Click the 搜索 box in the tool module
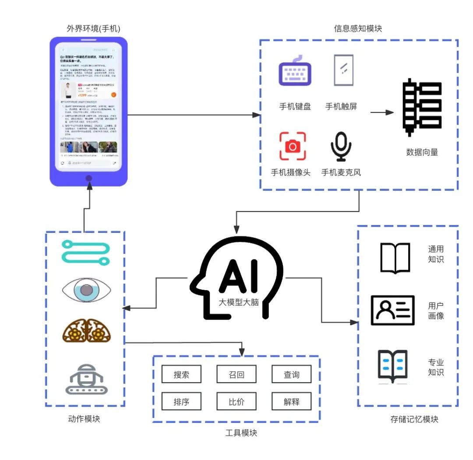pyautogui.click(x=181, y=374)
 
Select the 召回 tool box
pyautogui.click(x=236, y=374)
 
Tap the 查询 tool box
pyautogui.click(x=291, y=374)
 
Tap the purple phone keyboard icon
pyautogui.click(x=295, y=71)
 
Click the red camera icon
pyautogui.click(x=293, y=146)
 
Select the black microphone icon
pyautogui.click(x=341, y=146)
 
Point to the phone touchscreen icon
pyautogui.click(x=343, y=70)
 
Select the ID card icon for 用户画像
pyautogui.click(x=392, y=310)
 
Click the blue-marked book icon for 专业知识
pyautogui.click(x=393, y=366)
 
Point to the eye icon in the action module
pyautogui.click(x=86, y=290)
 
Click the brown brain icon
pyautogui.click(x=86, y=331)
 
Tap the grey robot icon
pyautogui.click(x=86, y=378)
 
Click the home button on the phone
pyautogui.click(x=89, y=178)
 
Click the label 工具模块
pyautogui.click(x=241, y=433)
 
